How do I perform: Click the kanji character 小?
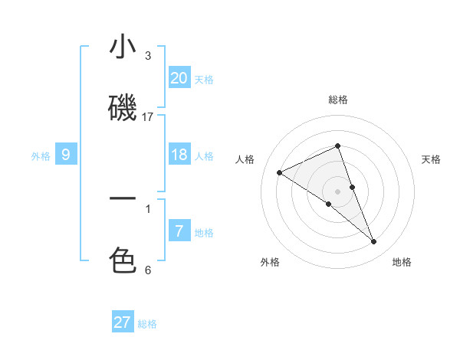(x=123, y=47)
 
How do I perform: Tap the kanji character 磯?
(x=123, y=109)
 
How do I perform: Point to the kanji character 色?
(x=123, y=260)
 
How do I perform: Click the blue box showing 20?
(x=179, y=78)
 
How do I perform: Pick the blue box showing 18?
(x=179, y=155)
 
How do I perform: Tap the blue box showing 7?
(x=179, y=231)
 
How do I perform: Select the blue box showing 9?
(x=66, y=155)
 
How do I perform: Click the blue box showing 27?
(x=123, y=322)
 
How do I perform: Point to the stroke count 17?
(x=148, y=116)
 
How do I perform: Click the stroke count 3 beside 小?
(x=148, y=55)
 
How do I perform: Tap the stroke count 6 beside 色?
(x=148, y=269)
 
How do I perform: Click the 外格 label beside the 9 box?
(x=41, y=156)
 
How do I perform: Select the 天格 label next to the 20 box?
(x=204, y=80)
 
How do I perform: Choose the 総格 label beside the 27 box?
(x=147, y=324)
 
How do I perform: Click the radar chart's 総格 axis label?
(x=338, y=100)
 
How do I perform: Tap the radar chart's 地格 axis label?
(x=402, y=262)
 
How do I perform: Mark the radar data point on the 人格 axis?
(x=280, y=173)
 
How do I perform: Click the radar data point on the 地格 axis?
(x=374, y=242)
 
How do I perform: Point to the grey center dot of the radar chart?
(x=338, y=191)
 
